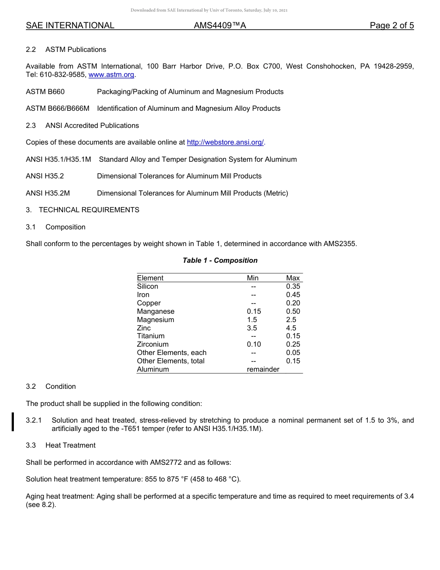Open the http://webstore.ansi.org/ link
point(226,142)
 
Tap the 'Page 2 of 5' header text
point(391,26)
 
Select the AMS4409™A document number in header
point(220,26)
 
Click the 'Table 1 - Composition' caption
point(220,260)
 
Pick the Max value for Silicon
point(293,286)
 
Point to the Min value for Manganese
point(254,311)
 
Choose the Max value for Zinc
point(291,328)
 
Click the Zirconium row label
point(152,344)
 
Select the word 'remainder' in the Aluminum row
point(263,369)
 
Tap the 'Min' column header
point(252,278)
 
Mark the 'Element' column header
point(150,278)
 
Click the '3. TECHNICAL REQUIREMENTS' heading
point(82,210)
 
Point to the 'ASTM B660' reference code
point(45,92)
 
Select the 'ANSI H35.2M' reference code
point(48,193)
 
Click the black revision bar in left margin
point(13,422)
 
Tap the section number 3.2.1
point(34,420)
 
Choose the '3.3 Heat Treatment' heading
point(61,445)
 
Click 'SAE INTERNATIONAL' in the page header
point(70,26)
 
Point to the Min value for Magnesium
point(252,320)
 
